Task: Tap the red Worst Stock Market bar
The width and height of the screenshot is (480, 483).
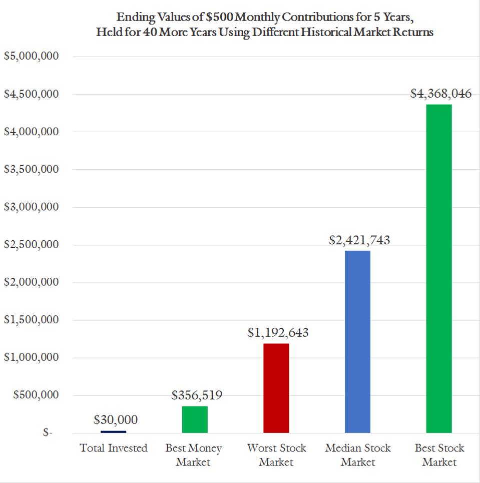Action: click(x=276, y=388)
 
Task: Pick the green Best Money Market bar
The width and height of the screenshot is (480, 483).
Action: click(x=194, y=419)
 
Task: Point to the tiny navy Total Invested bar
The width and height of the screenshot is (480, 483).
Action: click(x=113, y=431)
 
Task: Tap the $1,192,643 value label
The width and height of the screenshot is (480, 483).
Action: click(x=278, y=333)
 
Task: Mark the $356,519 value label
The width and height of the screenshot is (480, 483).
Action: click(x=197, y=395)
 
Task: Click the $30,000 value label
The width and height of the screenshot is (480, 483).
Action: click(x=116, y=420)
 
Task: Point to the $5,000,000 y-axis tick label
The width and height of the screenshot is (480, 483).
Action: click(x=32, y=57)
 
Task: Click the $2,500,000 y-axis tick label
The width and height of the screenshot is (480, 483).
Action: click(x=32, y=245)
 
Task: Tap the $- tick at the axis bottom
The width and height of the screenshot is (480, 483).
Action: click(x=48, y=433)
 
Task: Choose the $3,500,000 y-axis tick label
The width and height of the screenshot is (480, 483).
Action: click(x=32, y=170)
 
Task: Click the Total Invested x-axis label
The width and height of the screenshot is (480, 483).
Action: click(x=114, y=448)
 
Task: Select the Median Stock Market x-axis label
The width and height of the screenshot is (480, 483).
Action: click(x=358, y=454)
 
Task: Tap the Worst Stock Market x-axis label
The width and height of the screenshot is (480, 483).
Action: click(x=276, y=454)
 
